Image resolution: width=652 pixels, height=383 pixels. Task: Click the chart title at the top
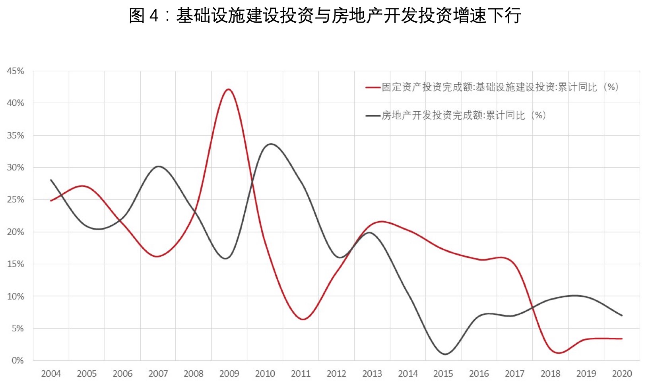click(x=325, y=16)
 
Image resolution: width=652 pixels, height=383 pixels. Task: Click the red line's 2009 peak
click(x=229, y=89)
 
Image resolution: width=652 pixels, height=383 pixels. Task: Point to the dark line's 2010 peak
click(x=271, y=144)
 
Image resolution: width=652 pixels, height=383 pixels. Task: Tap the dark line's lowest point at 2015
click(x=445, y=354)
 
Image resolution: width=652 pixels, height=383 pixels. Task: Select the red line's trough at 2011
click(x=303, y=319)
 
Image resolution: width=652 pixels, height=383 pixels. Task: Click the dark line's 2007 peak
click(x=159, y=166)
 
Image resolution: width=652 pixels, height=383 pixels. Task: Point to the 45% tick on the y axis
click(x=16, y=71)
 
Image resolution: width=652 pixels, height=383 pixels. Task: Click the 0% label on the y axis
click(x=17, y=360)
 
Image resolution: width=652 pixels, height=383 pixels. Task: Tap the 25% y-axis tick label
click(x=16, y=199)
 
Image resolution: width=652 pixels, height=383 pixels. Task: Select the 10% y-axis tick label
click(x=16, y=296)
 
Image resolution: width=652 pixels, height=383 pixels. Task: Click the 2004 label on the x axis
click(x=51, y=373)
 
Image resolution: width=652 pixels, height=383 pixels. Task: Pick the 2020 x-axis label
click(x=622, y=373)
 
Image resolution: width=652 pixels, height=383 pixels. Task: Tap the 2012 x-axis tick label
click(x=336, y=373)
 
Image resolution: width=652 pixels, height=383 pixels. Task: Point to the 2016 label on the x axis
click(x=479, y=373)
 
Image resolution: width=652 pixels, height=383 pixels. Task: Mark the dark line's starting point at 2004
click(x=51, y=180)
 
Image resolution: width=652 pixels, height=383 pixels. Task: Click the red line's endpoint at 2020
click(x=622, y=339)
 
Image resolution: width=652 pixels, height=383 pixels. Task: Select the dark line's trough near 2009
click(x=226, y=259)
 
